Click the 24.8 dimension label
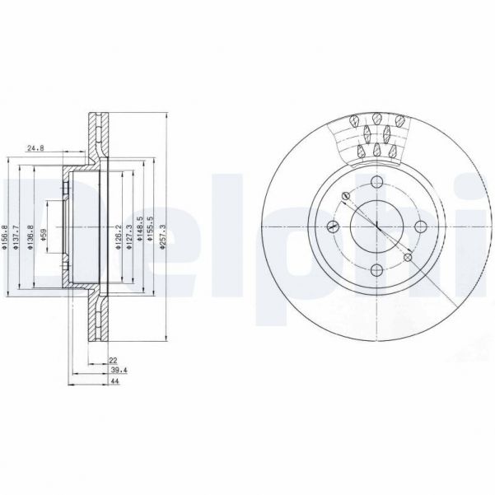point(35,148)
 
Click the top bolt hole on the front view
point(376,183)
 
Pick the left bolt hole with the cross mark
point(333,226)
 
